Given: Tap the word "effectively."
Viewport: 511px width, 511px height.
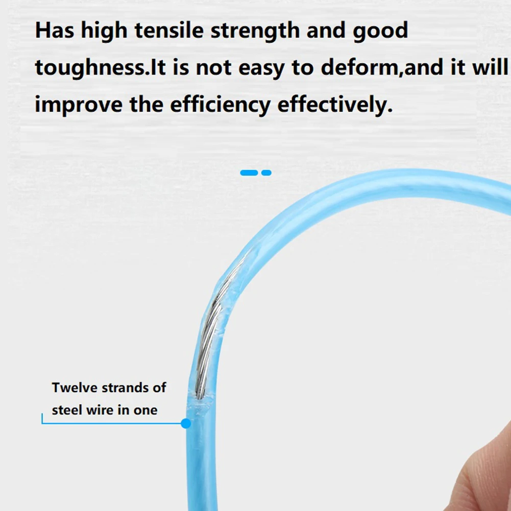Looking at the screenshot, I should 335,105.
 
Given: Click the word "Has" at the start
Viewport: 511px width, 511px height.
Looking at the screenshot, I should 54,31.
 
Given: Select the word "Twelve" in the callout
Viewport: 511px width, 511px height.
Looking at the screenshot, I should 75,387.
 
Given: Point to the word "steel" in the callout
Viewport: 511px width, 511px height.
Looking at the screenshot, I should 66,410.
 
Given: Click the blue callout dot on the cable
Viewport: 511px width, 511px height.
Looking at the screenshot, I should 186,423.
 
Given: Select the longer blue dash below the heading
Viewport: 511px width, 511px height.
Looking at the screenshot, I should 249,173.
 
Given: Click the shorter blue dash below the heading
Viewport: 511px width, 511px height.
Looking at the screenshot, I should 266,173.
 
